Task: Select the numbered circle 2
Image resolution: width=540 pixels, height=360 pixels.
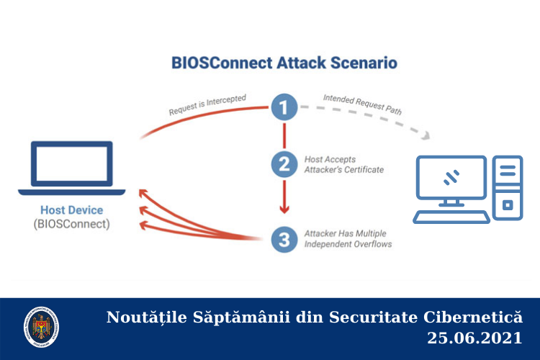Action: coord(284,163)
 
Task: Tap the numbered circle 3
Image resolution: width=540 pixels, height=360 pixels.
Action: coord(284,239)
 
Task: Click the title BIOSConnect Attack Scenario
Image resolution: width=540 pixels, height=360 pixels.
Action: coord(284,62)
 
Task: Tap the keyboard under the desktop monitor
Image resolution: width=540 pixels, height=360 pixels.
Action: coord(451,216)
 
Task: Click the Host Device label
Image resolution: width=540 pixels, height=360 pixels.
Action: coord(72,210)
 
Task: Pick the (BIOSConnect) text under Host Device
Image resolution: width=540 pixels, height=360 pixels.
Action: coord(72,224)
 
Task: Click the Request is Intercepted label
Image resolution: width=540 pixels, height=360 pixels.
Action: coord(207,105)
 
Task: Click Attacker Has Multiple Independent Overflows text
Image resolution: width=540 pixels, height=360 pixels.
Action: coord(347,239)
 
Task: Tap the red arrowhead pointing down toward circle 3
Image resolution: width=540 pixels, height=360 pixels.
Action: coord(284,209)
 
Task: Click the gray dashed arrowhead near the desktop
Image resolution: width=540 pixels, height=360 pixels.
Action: coord(429,135)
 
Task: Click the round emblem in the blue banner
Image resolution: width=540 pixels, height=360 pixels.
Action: coord(41,327)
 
